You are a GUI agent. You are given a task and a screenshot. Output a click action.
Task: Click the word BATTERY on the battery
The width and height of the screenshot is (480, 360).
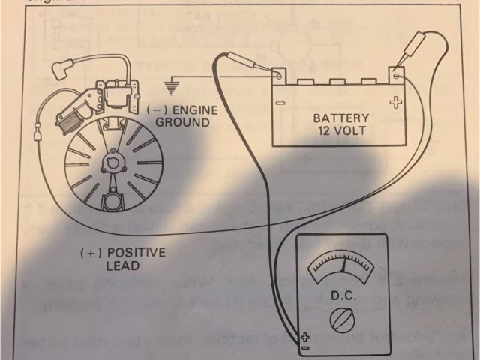click(341, 118)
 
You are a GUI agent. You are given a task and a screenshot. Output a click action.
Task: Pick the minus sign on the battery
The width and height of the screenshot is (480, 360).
click(278, 103)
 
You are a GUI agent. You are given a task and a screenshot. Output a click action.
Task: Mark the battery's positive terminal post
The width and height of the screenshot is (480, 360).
click(395, 76)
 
